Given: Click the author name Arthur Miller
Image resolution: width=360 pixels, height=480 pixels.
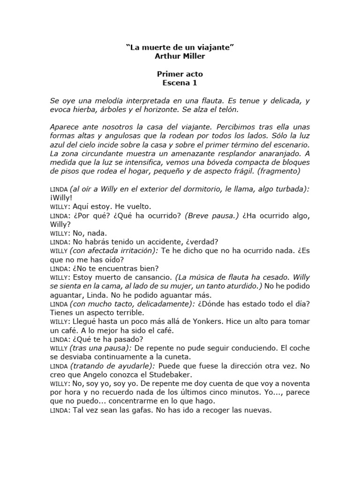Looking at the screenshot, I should tap(180, 56).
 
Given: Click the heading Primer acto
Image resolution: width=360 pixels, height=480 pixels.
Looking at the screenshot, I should tap(180, 74).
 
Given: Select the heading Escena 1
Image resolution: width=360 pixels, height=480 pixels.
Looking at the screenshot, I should tap(180, 83).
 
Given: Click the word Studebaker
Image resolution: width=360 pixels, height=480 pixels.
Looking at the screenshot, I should tap(168, 375).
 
